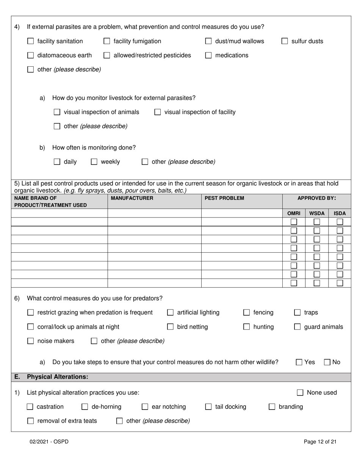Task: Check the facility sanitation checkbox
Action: pyautogui.click(x=31, y=41)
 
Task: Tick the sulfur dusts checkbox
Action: pyautogui.click(x=285, y=41)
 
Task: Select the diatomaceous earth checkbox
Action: pyautogui.click(x=31, y=56)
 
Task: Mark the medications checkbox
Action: pyautogui.click(x=208, y=56)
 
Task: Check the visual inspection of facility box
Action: pyautogui.click(x=158, y=112)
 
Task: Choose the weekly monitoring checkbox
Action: pyautogui.click(x=94, y=162)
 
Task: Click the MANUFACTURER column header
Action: pyautogui.click(x=132, y=198)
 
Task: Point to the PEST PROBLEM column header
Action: pyautogui.click(x=224, y=198)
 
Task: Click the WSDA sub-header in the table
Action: pyautogui.click(x=316, y=213)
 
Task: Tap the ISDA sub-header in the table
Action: pyautogui.click(x=340, y=213)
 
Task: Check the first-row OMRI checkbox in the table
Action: pyautogui.click(x=294, y=222)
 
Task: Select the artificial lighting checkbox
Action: pyautogui.click(x=171, y=313)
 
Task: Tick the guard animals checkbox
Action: pyautogui.click(x=297, y=327)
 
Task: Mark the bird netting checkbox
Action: pyautogui.click(x=171, y=327)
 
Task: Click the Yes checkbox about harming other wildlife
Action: pyautogui.click(x=299, y=363)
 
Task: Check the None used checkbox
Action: pyautogui.click(x=300, y=393)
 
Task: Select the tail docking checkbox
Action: pyautogui.click(x=208, y=407)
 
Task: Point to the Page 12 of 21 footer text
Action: pyautogui.click(x=320, y=442)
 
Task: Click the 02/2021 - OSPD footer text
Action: pyautogui.click(x=49, y=442)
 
